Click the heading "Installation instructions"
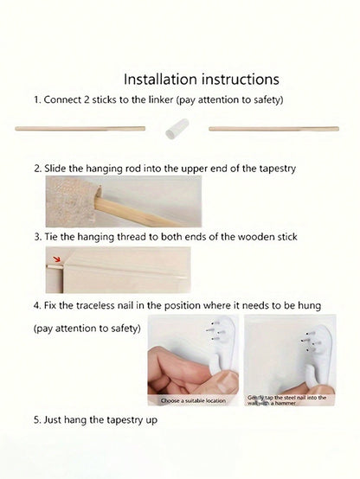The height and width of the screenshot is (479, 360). point(202,80)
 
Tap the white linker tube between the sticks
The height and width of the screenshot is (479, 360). point(177,129)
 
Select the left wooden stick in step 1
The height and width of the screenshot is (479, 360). point(80,129)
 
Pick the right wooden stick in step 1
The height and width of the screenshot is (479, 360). point(273,129)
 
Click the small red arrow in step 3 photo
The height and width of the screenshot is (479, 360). point(56,259)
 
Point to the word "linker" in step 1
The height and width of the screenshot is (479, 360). point(161,100)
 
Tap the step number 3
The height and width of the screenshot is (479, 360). point(37,237)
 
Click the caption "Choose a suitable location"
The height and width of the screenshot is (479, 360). point(193,400)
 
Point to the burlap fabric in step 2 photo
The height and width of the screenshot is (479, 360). point(71,201)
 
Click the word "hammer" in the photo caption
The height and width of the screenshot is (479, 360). point(285,403)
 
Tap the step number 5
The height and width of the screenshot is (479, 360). point(37,419)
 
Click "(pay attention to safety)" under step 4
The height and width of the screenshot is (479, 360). point(87,329)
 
